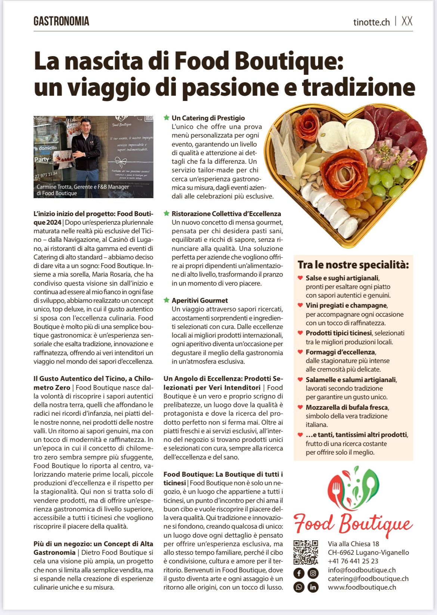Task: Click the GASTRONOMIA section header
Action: point(61,21)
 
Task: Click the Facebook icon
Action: point(299,573)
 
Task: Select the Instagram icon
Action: point(313,573)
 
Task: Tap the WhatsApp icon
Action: point(299,587)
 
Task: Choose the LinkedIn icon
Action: point(313,587)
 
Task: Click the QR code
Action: point(306,552)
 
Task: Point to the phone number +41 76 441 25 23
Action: point(353,561)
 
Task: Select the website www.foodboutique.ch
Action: point(362,587)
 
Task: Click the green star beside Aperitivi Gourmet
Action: point(167,300)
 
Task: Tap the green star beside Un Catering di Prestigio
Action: point(167,118)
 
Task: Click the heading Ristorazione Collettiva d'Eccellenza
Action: point(226,214)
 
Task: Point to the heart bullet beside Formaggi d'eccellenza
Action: point(300,352)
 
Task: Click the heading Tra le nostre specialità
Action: point(353,265)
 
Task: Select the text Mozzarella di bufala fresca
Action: point(347,407)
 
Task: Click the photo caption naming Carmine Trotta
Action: point(83,190)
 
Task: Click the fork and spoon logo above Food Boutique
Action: point(353,488)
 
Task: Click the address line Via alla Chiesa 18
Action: point(353,544)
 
